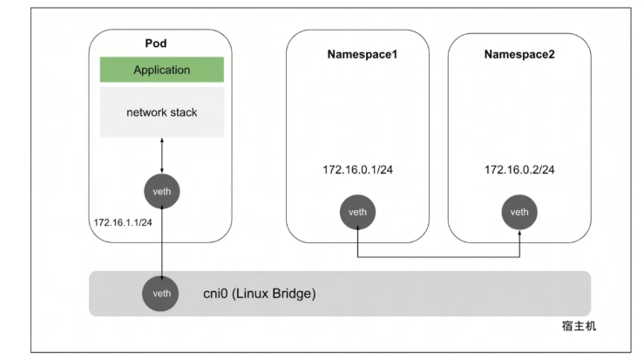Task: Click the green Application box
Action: click(162, 70)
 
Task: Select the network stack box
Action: click(162, 112)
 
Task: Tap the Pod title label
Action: click(156, 44)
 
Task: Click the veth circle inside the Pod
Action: click(162, 191)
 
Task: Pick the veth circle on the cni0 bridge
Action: click(160, 294)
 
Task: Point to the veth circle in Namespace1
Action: click(357, 212)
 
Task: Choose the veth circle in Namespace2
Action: click(519, 212)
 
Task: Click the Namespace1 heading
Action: click(363, 54)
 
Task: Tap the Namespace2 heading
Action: click(519, 54)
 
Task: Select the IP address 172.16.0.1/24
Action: click(357, 170)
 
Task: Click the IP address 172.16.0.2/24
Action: click(519, 170)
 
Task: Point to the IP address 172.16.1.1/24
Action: click(123, 222)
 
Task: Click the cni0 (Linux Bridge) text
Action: click(260, 294)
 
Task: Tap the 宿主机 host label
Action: click(579, 326)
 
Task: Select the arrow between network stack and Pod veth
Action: click(162, 155)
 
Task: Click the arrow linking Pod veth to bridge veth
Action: click(162, 242)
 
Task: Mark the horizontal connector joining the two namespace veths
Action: click(438, 257)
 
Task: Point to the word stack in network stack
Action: click(182, 112)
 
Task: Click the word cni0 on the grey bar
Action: click(215, 294)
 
